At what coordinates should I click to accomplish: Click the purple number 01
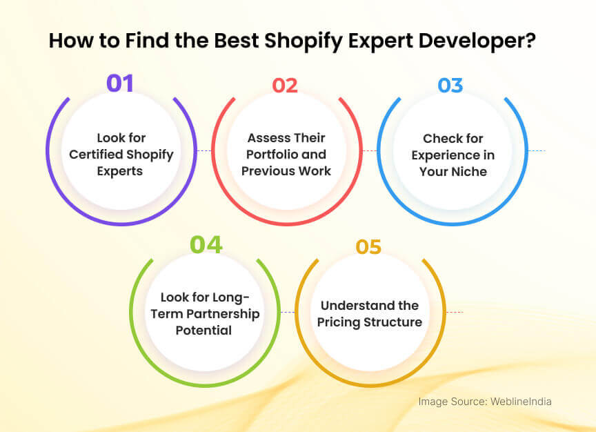point(119,84)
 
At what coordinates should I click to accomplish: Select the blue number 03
point(450,85)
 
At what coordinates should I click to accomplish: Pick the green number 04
point(206,244)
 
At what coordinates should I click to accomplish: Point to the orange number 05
point(368,247)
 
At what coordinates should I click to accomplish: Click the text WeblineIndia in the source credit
point(521,401)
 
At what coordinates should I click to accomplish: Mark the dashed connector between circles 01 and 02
point(203,150)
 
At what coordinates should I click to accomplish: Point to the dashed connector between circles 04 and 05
point(288,312)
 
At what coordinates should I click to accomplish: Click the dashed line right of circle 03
point(537,150)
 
